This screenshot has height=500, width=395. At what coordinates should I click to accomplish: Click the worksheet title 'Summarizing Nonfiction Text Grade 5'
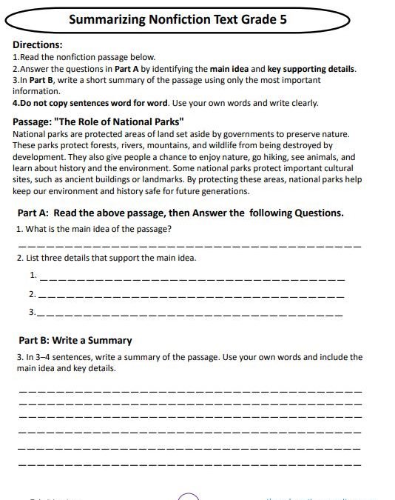coord(178,21)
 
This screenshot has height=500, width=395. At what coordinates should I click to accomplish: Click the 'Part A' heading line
coord(180,213)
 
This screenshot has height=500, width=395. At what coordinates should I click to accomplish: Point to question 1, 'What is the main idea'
coord(94,228)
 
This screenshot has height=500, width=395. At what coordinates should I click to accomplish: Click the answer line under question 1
coord(189,245)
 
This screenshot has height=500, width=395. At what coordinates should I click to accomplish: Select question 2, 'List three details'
coord(106,259)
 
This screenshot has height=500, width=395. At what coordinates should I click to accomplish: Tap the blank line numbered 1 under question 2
coord(191,279)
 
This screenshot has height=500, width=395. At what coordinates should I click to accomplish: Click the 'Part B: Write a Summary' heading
coord(75,341)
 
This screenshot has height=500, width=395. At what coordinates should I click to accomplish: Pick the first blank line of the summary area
coord(189,390)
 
